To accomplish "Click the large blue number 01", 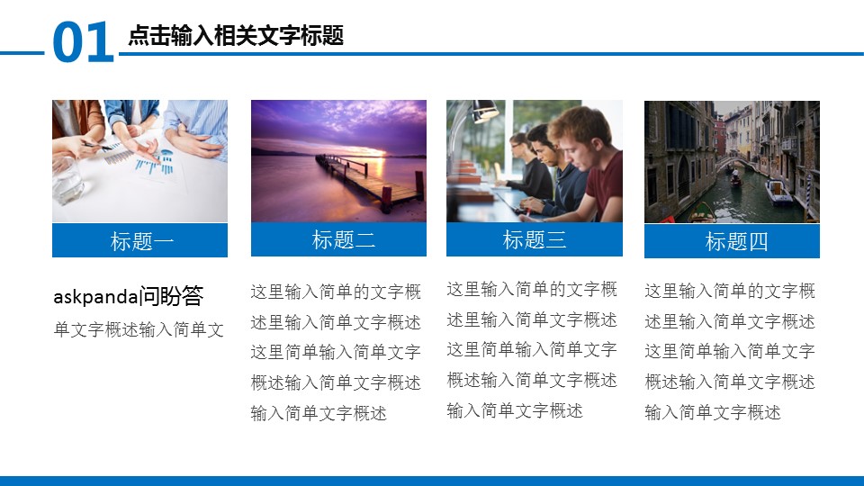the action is (83, 42).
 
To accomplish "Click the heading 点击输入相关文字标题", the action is (236, 36).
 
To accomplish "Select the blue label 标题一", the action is (140, 241).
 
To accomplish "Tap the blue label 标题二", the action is (339, 239).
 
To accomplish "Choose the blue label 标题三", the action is (535, 239).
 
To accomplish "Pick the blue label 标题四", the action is (733, 241).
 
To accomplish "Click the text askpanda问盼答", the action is (129, 296).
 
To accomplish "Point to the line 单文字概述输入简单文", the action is (139, 329).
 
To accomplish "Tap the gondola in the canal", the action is (735, 180).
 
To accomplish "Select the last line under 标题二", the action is (319, 413).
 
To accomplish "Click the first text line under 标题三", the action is (532, 289).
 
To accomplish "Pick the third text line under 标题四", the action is (730, 351).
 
